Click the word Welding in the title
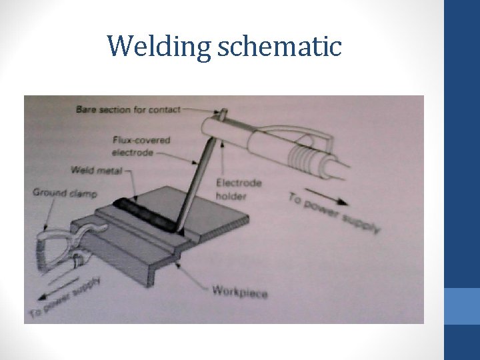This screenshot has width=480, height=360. (158, 47)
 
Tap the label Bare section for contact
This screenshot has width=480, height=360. (128, 109)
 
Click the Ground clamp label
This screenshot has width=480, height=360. (65, 193)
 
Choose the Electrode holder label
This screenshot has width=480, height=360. (238, 189)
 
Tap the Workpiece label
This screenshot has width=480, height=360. (239, 291)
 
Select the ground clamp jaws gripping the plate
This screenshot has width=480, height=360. (87, 233)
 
